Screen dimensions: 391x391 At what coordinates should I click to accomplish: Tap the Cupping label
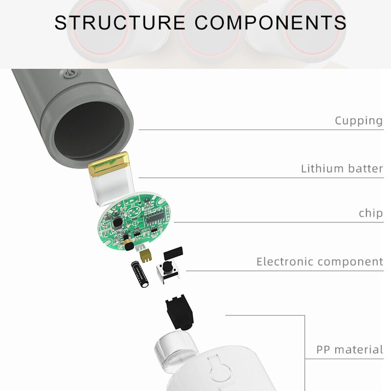click(x=358, y=121)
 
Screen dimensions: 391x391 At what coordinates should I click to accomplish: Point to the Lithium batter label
click(x=342, y=169)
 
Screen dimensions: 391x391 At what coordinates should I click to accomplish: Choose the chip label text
click(x=370, y=214)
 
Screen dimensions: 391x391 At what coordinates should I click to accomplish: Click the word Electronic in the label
click(x=285, y=262)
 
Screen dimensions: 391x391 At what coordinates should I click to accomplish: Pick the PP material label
click(x=349, y=350)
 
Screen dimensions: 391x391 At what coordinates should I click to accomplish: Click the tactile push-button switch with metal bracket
click(x=168, y=270)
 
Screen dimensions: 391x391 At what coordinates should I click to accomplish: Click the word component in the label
click(x=350, y=262)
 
